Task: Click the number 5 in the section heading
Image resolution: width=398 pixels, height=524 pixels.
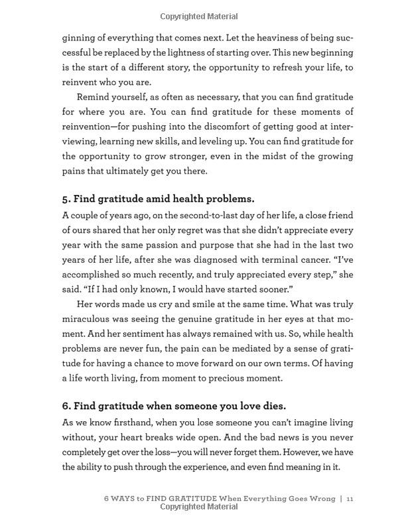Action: [66, 199]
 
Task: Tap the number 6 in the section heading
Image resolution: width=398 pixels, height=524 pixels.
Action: [66, 406]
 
